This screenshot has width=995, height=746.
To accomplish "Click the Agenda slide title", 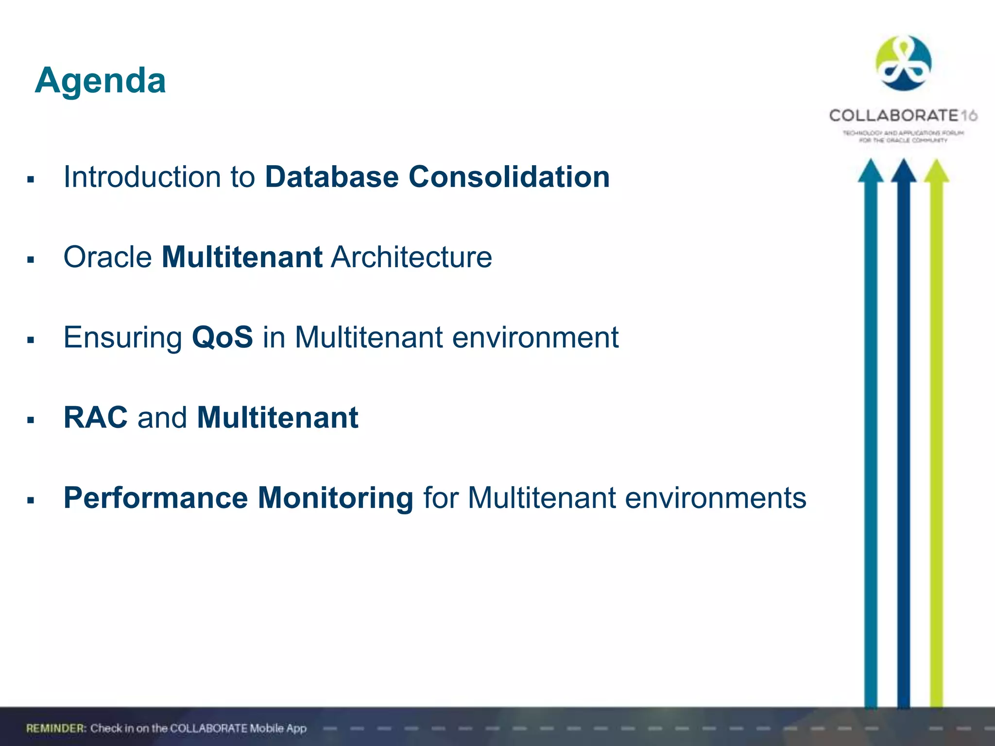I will [x=101, y=81].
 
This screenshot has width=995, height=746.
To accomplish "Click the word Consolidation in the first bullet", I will [x=509, y=177].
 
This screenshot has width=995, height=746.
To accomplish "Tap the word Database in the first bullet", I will [x=331, y=177].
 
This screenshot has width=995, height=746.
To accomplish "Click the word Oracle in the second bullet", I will [x=107, y=257].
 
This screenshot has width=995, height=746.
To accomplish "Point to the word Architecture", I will [x=411, y=257].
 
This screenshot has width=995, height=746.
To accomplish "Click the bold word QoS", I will [x=222, y=337].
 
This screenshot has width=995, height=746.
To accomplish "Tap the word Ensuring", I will [x=123, y=337].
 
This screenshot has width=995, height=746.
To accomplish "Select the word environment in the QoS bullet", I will [x=535, y=337].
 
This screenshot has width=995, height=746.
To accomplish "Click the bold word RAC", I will [x=95, y=417].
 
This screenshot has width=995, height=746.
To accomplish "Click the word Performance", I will [x=155, y=498].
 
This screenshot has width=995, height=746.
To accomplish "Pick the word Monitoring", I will [x=335, y=498].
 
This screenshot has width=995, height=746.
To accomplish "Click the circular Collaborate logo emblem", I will [x=903, y=63].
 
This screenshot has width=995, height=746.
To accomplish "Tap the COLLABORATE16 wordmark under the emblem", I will [x=903, y=116].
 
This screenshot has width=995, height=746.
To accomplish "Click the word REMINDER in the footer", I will [x=56, y=728].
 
